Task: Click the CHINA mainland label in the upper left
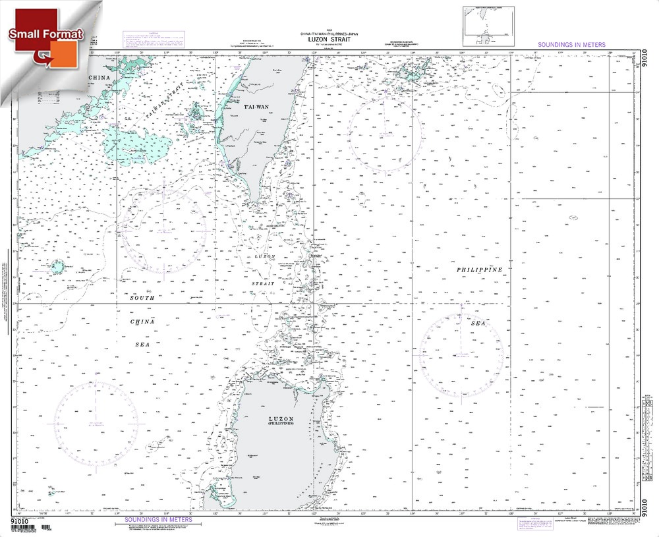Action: tap(98, 78)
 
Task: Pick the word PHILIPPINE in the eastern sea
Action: tap(480, 270)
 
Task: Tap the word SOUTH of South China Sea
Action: tap(141, 298)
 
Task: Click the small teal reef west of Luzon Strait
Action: tap(57, 268)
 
